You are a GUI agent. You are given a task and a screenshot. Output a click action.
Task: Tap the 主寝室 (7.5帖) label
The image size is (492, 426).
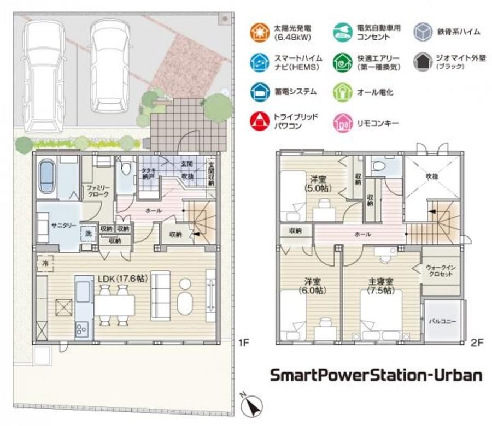coord(381,286)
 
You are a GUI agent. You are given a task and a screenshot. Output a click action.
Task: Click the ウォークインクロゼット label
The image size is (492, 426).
coord(440,270)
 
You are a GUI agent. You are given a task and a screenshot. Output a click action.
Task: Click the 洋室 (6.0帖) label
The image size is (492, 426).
coord(313,286)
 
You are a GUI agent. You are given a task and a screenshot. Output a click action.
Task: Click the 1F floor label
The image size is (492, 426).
coord(243,343)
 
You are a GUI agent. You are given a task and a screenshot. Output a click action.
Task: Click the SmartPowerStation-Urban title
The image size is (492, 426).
coord(377,375)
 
